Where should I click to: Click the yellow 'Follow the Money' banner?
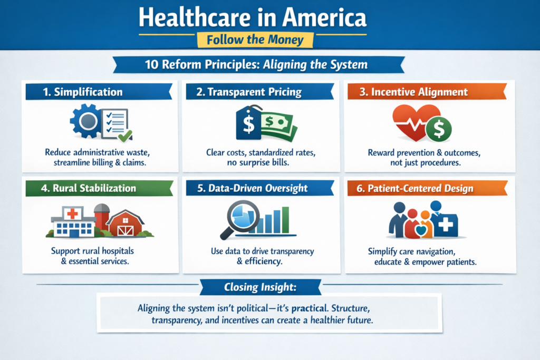pos(255,40)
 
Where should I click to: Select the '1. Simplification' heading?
pos(83,92)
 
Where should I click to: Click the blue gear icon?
pos(86,121)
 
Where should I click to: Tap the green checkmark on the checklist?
pos(125,135)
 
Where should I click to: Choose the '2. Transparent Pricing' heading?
pos(249,92)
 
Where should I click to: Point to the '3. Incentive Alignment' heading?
pos(413,92)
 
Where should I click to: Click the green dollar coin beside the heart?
pos(438,129)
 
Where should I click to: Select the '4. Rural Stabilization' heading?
pos(89,188)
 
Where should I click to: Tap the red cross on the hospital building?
pos(72,213)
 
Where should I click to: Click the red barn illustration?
pos(124,223)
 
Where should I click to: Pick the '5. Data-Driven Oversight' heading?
pos(252,188)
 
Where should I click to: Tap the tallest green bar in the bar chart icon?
pos(285,220)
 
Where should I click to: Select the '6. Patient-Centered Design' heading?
pos(414,188)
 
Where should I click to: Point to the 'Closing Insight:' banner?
pos(261,287)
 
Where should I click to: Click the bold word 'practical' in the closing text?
pos(310,308)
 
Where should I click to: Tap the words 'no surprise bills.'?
pos(258,162)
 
